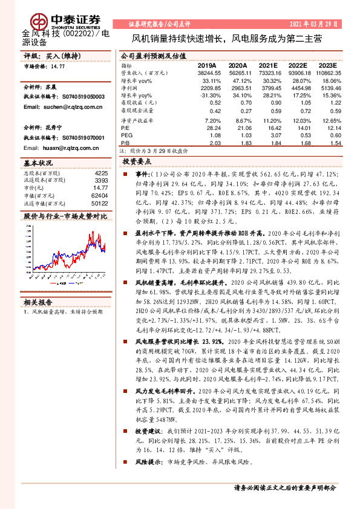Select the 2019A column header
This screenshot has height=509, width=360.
[x=208, y=65]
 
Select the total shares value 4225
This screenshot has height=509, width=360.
[x=100, y=173]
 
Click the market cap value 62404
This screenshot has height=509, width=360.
[x=99, y=195]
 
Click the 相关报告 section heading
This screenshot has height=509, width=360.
[x=38, y=302]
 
